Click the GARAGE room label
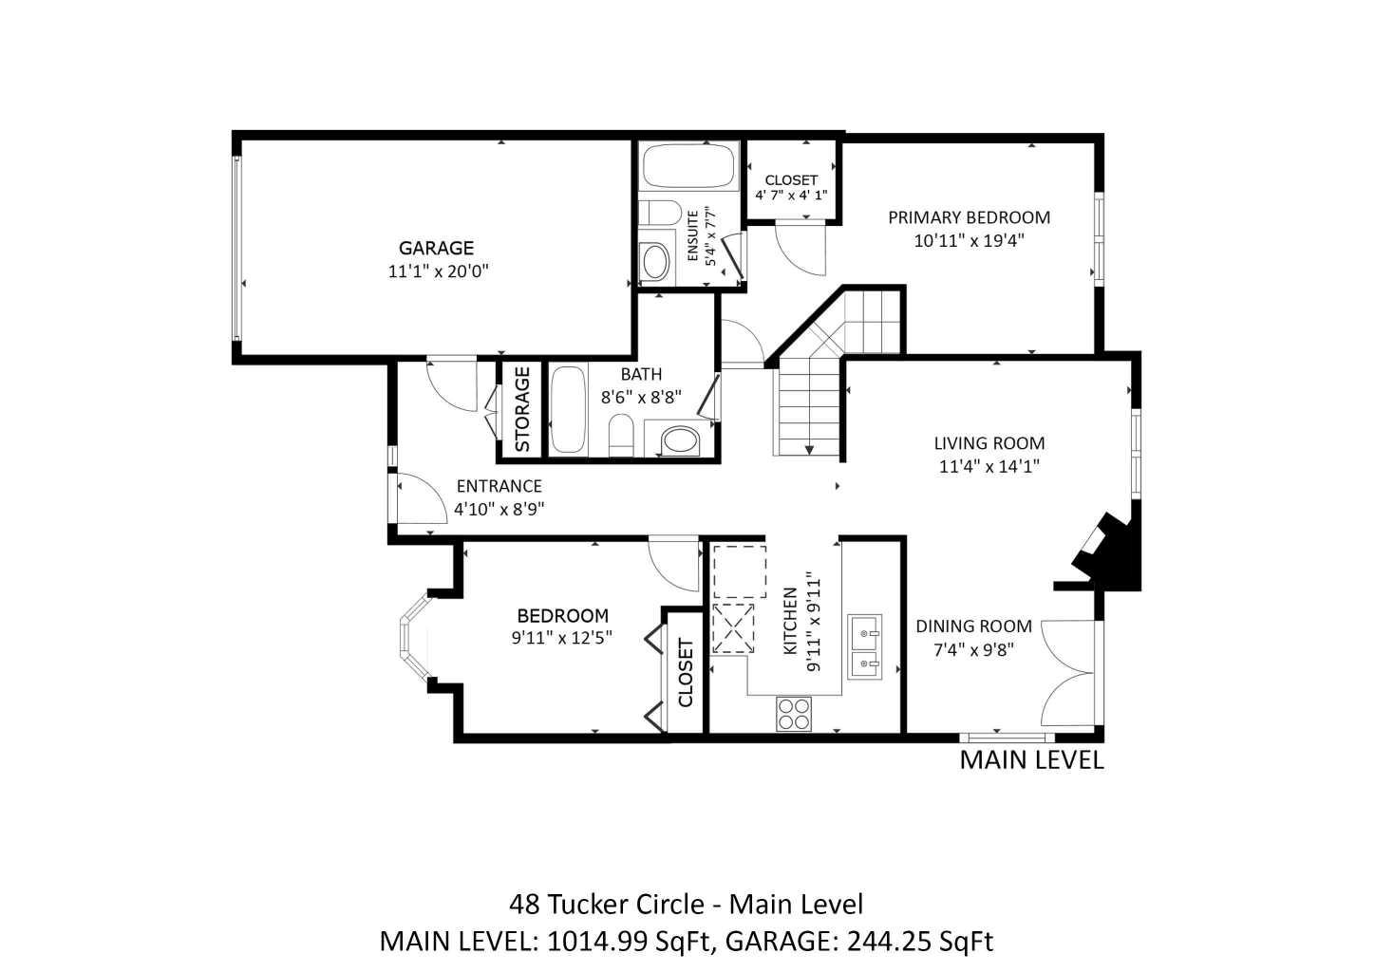click(x=436, y=249)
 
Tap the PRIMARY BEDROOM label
click(x=969, y=217)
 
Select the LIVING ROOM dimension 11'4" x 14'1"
click(x=989, y=466)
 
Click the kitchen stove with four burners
click(x=794, y=713)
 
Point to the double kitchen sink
click(x=865, y=645)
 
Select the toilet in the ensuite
click(x=656, y=215)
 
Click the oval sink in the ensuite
click(x=654, y=262)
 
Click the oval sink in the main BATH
click(x=678, y=439)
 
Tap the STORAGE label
click(x=521, y=408)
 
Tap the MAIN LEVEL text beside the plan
click(x=1031, y=760)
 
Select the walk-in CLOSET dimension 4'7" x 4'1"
click(x=791, y=195)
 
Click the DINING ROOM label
click(x=973, y=626)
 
